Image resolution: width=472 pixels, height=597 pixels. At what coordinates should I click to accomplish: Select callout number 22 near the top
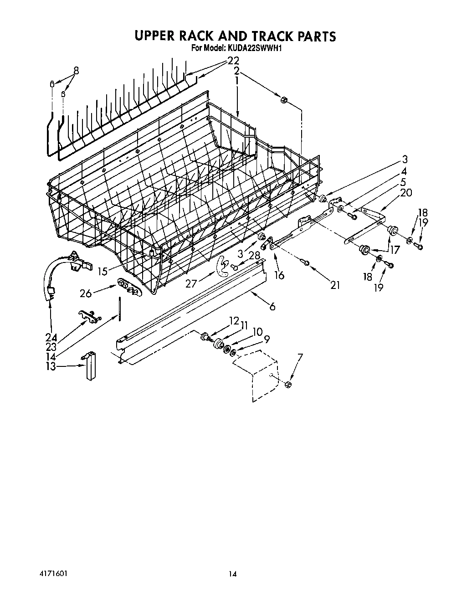click(x=233, y=61)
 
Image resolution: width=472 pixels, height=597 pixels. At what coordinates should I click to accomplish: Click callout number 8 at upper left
click(x=76, y=70)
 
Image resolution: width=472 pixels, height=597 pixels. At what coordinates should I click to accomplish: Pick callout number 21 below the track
click(x=335, y=285)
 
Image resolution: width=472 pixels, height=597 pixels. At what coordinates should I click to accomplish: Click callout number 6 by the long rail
click(x=272, y=307)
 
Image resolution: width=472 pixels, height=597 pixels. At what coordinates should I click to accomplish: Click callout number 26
click(x=86, y=293)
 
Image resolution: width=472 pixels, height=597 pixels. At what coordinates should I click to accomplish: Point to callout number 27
click(x=191, y=284)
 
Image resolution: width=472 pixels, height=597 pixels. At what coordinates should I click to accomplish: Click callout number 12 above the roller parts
click(x=234, y=321)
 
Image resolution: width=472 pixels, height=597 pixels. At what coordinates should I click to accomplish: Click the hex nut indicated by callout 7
click(x=288, y=386)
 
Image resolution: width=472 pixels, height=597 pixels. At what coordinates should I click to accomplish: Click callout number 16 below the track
click(x=279, y=275)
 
